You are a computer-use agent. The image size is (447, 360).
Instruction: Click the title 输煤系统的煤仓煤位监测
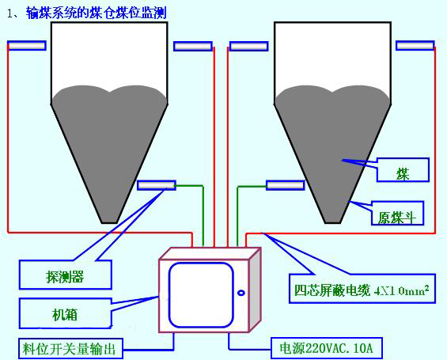(x=97, y=13)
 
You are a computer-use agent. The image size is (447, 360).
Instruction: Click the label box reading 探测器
(x=66, y=275)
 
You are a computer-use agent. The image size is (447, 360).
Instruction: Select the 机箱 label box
(x=66, y=313)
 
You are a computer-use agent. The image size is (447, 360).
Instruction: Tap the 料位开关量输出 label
(x=70, y=349)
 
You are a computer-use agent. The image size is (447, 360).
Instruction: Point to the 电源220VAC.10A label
(x=326, y=348)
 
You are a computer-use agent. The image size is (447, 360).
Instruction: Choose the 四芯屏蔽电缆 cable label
(x=362, y=289)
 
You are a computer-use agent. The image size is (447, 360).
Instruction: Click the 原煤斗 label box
(x=397, y=213)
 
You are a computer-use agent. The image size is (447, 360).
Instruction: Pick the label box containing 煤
(x=403, y=170)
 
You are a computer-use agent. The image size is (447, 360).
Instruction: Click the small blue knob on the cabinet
(x=241, y=293)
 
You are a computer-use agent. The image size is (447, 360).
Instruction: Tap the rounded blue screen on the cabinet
(x=201, y=295)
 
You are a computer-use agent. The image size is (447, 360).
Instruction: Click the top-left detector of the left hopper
(x=27, y=46)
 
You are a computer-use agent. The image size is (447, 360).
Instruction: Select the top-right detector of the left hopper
(x=193, y=47)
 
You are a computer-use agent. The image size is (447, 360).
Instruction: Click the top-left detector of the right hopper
(x=249, y=47)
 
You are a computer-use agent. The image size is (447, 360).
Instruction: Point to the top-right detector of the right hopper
(x=415, y=46)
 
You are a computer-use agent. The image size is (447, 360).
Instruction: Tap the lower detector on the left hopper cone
(x=157, y=185)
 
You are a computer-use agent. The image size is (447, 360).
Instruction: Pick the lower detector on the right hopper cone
(x=286, y=185)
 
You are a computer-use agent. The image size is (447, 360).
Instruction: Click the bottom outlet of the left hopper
(x=109, y=222)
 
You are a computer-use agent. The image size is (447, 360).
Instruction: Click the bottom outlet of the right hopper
(x=333, y=222)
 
